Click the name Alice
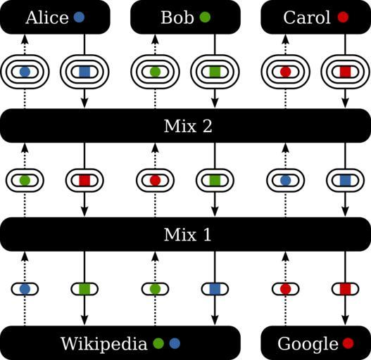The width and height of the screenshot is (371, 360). [x=47, y=18]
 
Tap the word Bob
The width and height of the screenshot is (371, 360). [x=177, y=18]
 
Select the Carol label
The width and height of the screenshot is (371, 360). [x=307, y=18]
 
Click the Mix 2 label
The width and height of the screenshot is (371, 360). [x=188, y=126]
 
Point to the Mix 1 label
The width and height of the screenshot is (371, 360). [x=187, y=234]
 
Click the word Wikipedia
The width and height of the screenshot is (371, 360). [x=104, y=344]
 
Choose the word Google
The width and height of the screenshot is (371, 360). [x=308, y=344]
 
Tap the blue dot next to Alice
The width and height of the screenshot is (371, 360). [x=79, y=18]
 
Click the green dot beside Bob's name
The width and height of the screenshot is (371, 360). [x=205, y=18]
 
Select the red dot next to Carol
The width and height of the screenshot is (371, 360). [x=343, y=18]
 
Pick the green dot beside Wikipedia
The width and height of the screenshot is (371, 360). [x=158, y=343]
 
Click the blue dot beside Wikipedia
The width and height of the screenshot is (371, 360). [x=175, y=343]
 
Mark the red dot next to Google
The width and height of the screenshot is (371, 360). [x=348, y=343]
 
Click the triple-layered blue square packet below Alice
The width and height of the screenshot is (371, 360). [x=84, y=72]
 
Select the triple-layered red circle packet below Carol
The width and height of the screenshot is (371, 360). [x=285, y=72]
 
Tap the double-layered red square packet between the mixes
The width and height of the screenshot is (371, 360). [x=84, y=181]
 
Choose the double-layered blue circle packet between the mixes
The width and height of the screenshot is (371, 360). [x=285, y=181]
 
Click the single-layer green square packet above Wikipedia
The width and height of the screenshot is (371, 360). [x=84, y=289]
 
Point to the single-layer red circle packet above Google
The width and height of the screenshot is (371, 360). [x=285, y=289]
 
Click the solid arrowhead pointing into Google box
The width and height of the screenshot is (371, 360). [x=345, y=320]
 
